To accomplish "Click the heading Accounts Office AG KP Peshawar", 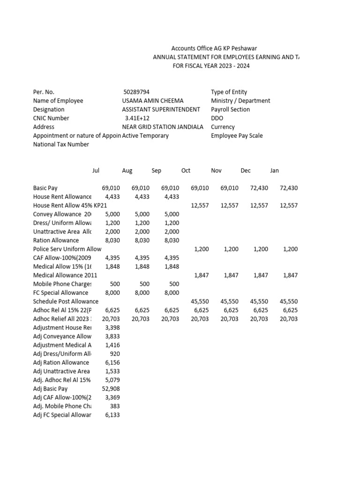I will (x=214, y=48).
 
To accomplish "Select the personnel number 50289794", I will (x=136, y=92).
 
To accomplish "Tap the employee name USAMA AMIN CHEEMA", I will (x=153, y=101).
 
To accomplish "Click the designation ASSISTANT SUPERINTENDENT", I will (x=161, y=109).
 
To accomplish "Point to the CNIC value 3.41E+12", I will (x=137, y=118).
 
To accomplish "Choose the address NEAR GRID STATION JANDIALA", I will (x=163, y=127).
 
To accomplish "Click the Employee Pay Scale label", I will (x=237, y=136).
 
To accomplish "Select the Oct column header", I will (x=186, y=171).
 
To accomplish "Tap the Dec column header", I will (x=246, y=171).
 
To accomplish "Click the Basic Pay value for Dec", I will (x=259, y=188).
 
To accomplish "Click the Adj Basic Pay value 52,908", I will (x=111, y=389).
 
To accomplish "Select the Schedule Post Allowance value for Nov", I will (x=229, y=301).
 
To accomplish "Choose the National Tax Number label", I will (x=61, y=144).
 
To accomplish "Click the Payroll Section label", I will (x=230, y=109).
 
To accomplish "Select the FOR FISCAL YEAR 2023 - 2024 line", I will (x=211, y=66).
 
